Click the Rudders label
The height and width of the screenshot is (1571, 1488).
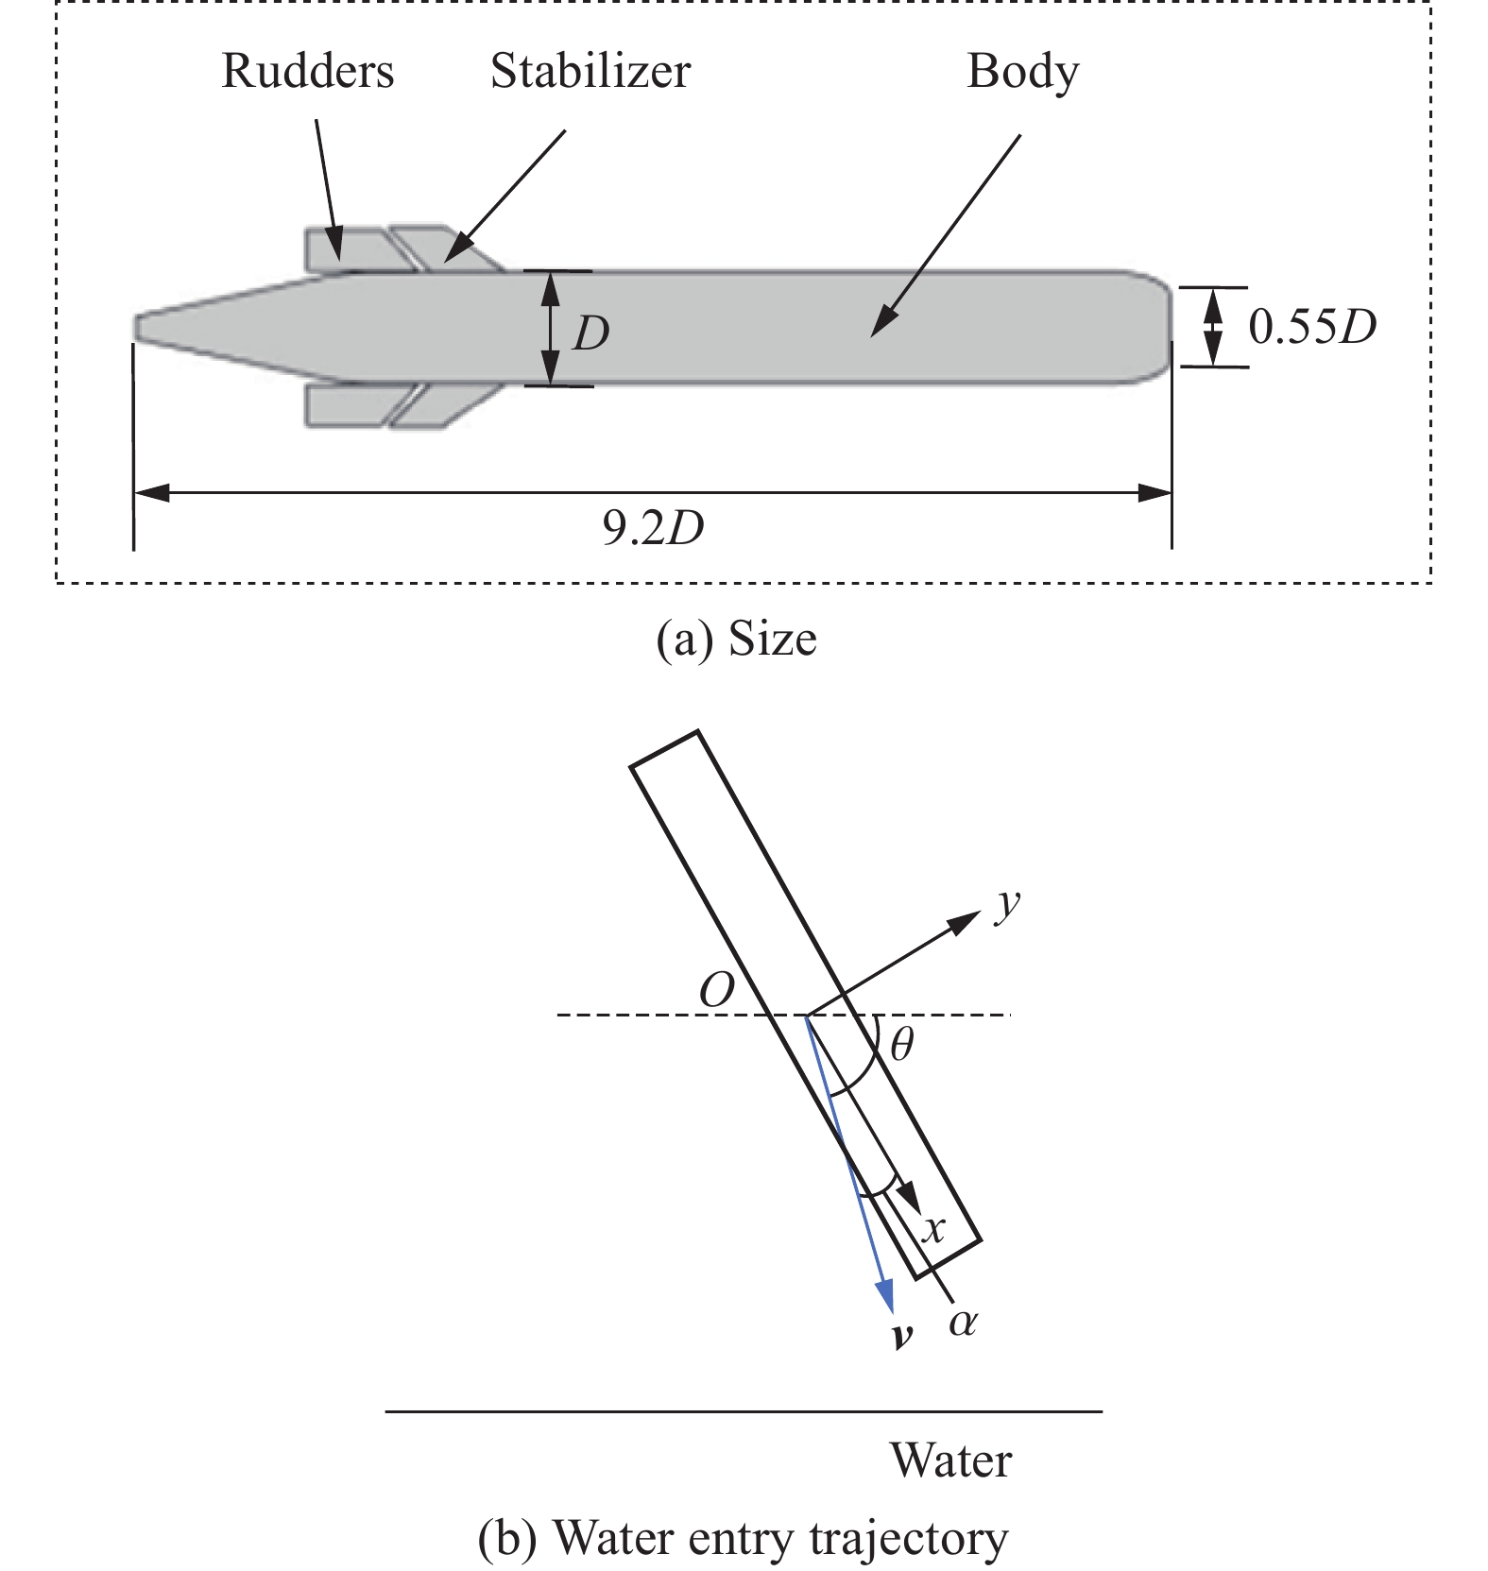pos(307,73)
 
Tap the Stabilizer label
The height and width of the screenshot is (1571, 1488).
pos(590,73)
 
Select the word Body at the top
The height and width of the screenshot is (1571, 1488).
pos(1022,73)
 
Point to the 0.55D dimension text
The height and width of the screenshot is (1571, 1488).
pos(1312,328)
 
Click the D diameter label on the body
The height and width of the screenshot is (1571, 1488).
pos(590,333)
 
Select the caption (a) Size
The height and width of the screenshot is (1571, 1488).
pos(736,640)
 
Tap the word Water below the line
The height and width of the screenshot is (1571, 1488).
pos(950,1460)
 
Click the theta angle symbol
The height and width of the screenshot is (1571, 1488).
pos(901,1045)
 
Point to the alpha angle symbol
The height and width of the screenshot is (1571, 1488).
pos(962,1323)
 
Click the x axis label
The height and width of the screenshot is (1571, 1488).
pos(933,1229)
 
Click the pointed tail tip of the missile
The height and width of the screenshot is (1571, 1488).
pos(140,327)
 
